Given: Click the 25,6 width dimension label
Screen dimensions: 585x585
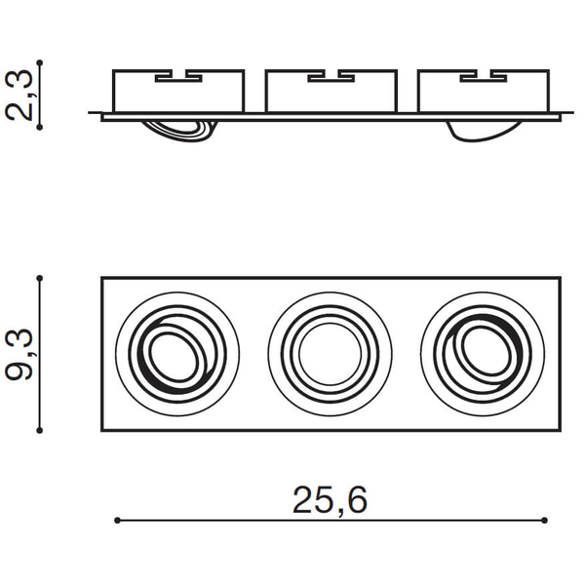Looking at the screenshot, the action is click(330, 500).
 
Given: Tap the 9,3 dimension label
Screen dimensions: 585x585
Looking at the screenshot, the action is click(19, 355).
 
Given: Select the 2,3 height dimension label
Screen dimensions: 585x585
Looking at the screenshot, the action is click(19, 96).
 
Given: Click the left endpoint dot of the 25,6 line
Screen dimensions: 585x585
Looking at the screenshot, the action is click(117, 520).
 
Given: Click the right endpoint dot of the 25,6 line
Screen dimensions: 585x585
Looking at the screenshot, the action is click(544, 520).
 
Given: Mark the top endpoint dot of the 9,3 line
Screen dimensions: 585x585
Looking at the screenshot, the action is click(40, 278).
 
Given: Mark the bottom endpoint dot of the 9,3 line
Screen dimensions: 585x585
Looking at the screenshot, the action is click(40, 431).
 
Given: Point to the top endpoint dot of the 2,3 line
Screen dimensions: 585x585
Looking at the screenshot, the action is click(40, 62).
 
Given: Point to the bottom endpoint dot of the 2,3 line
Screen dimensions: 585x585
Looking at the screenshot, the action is click(40, 127).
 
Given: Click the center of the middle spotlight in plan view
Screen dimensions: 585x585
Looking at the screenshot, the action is click(331, 354).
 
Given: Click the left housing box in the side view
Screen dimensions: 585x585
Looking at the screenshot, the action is click(178, 91).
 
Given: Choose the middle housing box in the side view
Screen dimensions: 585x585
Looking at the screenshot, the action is click(331, 91).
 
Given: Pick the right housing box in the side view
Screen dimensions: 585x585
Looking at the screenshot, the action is click(484, 91).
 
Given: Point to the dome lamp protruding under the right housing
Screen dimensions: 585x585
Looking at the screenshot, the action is click(485, 132).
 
